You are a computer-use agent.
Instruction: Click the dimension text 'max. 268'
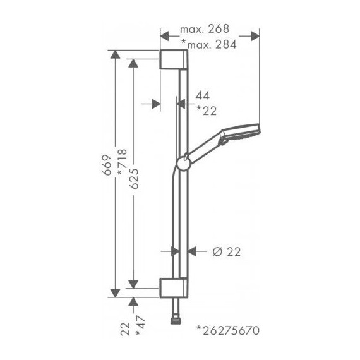tap(203, 29)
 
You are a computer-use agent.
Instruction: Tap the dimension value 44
tap(202, 95)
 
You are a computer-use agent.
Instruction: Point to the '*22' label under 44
tap(206, 111)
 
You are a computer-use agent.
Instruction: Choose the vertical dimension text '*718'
tap(121, 164)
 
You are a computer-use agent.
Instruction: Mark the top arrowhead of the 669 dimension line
tap(114, 54)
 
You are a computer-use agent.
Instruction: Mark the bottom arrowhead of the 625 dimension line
tap(133, 282)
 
